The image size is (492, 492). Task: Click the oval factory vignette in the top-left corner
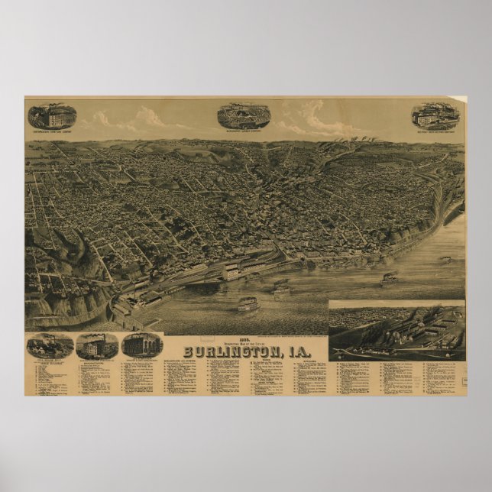[52, 116]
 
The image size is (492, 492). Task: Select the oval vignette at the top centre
[243, 115]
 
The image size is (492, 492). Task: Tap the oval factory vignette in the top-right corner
[435, 115]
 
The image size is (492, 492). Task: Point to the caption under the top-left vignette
[52, 131]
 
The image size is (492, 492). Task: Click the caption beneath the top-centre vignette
[243, 131]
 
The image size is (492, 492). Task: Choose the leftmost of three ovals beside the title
[50, 345]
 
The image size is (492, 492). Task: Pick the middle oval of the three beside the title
[97, 345]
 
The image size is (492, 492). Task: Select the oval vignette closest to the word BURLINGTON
[142, 345]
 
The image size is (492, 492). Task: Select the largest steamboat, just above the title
[248, 304]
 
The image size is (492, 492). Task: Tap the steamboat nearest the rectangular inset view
[390, 279]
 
